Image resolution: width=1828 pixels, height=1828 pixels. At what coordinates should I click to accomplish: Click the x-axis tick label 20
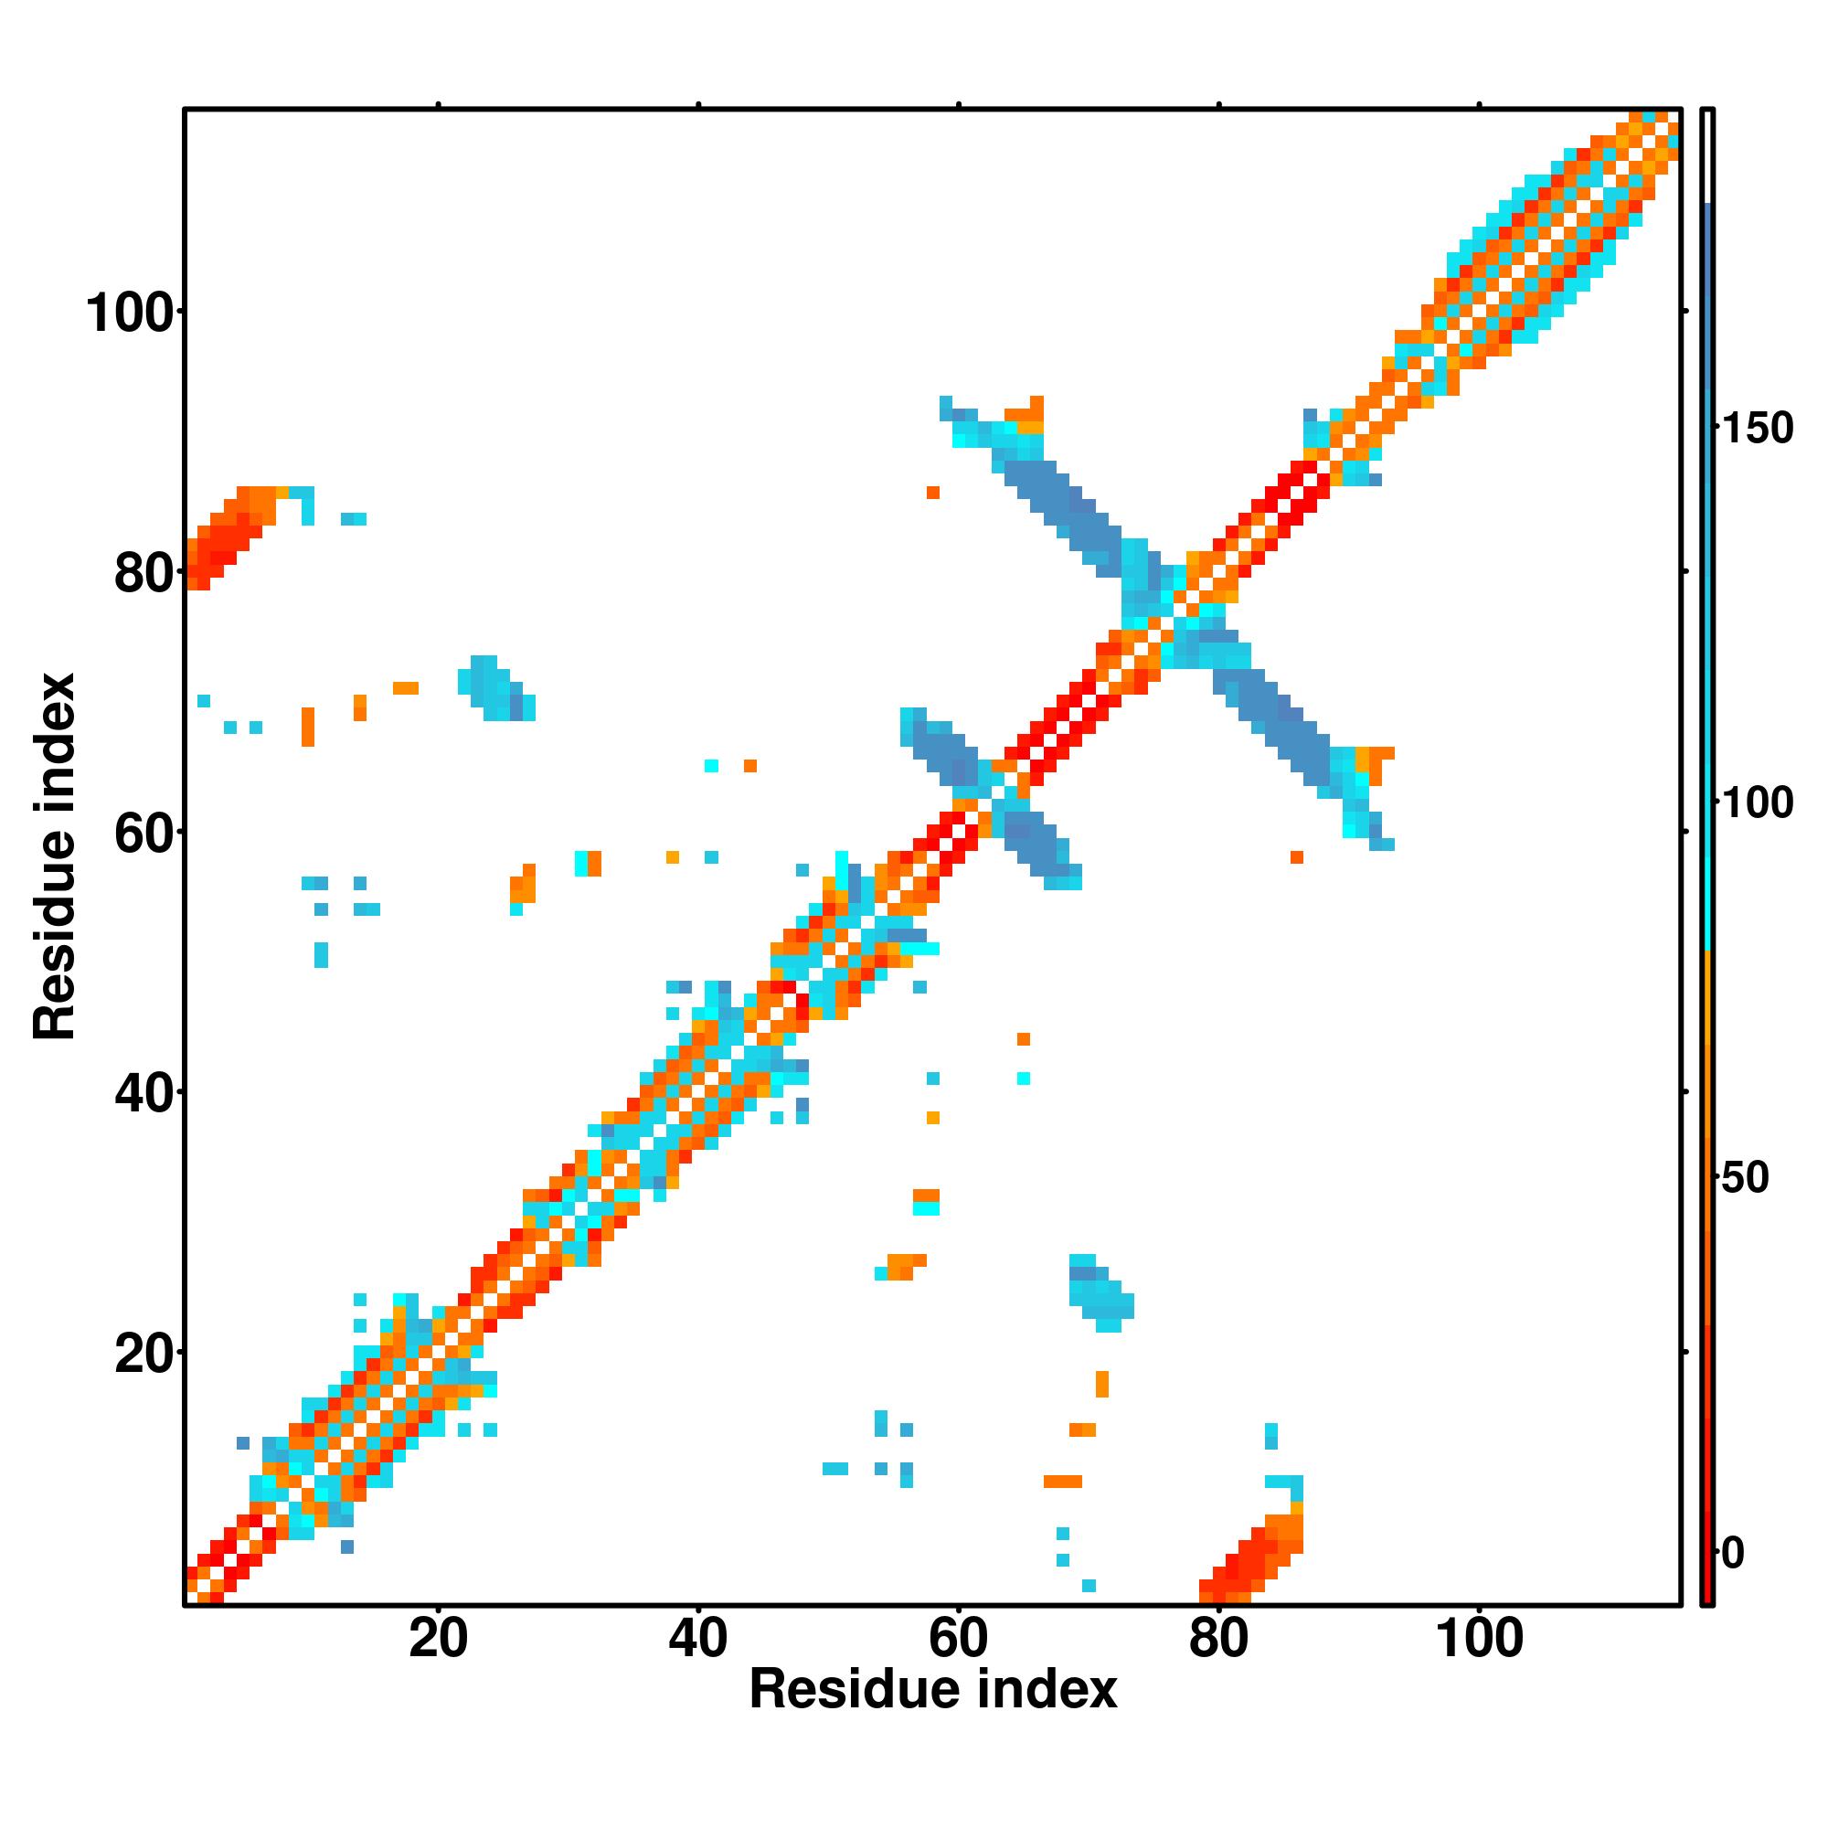[x=438, y=1638]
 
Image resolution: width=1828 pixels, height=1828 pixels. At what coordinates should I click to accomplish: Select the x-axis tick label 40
[x=698, y=1638]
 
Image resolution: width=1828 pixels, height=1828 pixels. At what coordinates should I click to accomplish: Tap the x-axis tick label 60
[x=959, y=1638]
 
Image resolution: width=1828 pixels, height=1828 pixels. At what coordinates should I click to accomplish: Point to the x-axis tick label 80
[x=1218, y=1638]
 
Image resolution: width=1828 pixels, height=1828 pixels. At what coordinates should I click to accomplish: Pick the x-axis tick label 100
[x=1480, y=1638]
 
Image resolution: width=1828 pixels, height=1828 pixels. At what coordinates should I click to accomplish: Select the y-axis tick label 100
[x=132, y=314]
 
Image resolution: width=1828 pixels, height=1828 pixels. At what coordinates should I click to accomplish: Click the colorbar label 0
[x=1733, y=1553]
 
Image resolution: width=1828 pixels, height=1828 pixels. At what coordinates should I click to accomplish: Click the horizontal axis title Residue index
[x=933, y=1690]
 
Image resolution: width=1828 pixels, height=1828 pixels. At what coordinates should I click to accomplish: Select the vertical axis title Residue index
[x=54, y=856]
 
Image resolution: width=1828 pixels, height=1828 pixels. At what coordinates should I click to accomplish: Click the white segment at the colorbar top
[x=1708, y=156]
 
